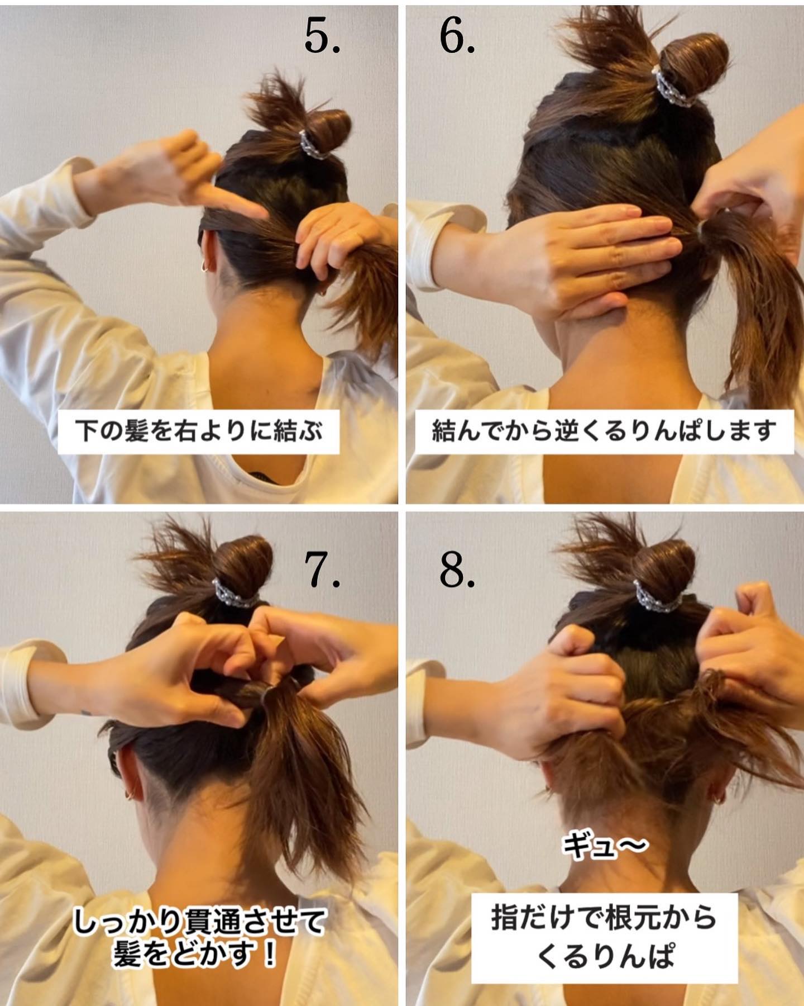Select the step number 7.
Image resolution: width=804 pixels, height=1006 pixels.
pyautogui.click(x=323, y=570)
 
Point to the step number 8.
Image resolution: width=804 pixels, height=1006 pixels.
pyautogui.click(x=457, y=570)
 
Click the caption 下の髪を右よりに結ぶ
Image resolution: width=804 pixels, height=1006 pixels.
pyautogui.click(x=199, y=431)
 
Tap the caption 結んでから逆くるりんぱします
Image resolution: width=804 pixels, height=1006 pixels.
pyautogui.click(x=604, y=431)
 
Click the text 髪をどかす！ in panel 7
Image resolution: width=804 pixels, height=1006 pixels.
pyautogui.click(x=195, y=953)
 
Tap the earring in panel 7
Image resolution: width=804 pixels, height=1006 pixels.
pyautogui.click(x=130, y=794)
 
